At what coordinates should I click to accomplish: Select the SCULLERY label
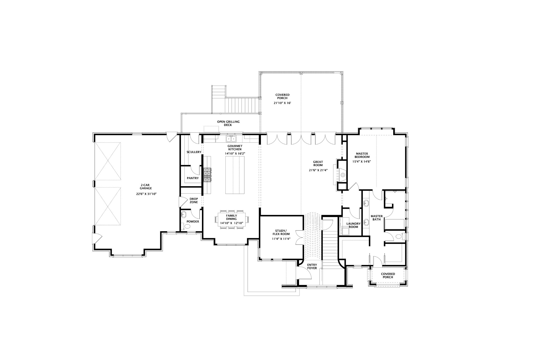(x=194, y=152)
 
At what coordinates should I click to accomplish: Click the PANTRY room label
(x=193, y=178)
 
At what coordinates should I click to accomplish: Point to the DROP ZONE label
(x=194, y=200)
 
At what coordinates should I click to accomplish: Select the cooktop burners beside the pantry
(x=207, y=175)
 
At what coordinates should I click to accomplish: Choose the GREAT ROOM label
(x=318, y=164)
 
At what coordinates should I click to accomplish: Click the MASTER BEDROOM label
(x=361, y=155)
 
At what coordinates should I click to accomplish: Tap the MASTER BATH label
(x=377, y=218)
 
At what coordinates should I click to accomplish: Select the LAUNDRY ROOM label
(x=353, y=225)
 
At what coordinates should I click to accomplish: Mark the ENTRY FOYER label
(x=312, y=266)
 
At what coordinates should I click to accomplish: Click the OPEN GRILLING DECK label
(x=228, y=123)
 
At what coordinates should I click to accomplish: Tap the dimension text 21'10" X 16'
(x=282, y=103)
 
